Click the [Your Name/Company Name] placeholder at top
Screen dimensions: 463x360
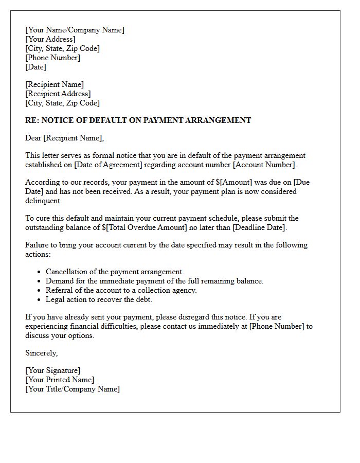pos(75,30)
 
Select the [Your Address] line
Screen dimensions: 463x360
pos(50,39)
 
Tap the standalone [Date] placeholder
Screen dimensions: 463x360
pos(35,67)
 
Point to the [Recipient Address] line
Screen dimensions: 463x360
pos(58,94)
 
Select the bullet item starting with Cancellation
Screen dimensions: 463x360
pos(114,272)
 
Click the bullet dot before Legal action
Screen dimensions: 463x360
pos(40,299)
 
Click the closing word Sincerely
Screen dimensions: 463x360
pos(41,353)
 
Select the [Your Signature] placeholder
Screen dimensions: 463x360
pos(52,370)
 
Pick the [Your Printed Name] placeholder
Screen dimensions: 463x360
pos(60,380)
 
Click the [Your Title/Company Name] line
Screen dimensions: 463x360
pos(73,389)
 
